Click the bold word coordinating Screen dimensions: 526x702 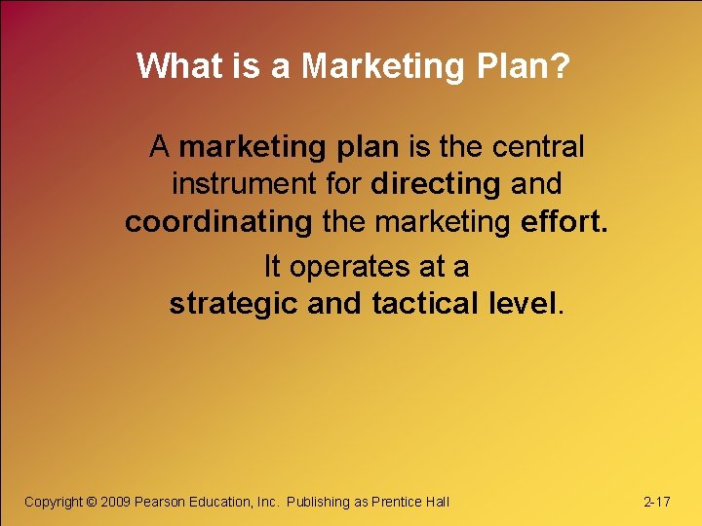point(217,222)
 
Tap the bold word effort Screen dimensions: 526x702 point(563,222)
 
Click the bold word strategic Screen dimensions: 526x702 point(234,304)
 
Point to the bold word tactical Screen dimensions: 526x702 point(424,304)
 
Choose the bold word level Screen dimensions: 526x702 point(525,304)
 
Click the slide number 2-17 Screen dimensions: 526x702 point(656,502)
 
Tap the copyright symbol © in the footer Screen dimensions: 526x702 point(92,502)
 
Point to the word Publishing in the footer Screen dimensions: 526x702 point(318,502)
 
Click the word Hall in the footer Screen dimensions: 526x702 point(438,502)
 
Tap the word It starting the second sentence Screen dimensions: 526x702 point(273,265)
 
